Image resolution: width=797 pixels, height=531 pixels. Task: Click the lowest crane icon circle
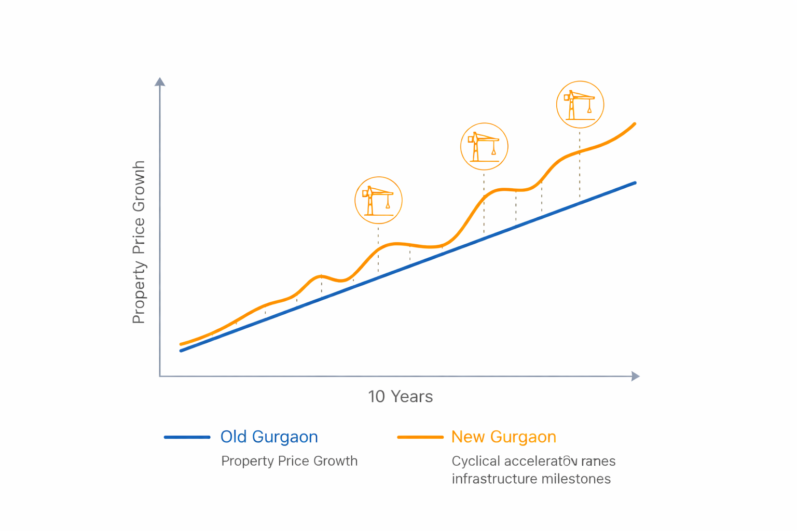378,200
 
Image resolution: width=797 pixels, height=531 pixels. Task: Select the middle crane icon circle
484,146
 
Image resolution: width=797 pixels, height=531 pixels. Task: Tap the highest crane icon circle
580,104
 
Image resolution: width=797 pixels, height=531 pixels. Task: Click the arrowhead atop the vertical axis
160,82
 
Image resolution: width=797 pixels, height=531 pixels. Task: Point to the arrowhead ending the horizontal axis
635,376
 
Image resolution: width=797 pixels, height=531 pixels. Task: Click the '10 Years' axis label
400,397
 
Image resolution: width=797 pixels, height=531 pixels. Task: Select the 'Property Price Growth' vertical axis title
139,242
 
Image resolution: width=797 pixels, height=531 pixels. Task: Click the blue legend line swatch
187,437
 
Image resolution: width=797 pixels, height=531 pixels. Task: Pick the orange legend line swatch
420,437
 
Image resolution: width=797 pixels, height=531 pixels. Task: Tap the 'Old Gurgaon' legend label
269,437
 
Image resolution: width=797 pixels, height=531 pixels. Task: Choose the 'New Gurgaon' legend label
503,437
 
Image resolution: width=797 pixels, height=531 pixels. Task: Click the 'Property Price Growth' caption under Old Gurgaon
289,461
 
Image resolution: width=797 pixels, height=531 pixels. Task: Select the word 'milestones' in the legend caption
576,479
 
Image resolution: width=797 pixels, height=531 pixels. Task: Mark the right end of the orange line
635,124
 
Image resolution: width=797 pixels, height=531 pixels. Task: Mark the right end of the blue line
635,183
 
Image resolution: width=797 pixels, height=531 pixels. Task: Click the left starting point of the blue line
181,351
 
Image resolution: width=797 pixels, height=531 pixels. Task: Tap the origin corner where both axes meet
160,376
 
